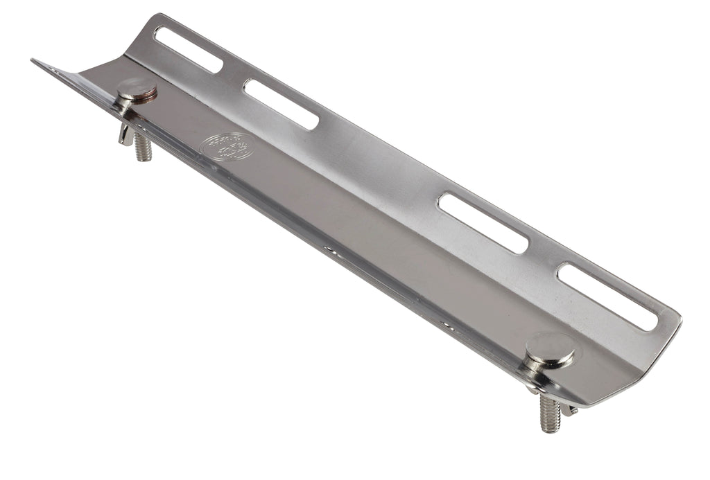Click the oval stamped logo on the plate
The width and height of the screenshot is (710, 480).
coord(227,147)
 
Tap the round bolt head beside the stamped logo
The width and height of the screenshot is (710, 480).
coord(137,88)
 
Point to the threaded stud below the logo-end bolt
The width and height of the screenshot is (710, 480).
coord(143,147)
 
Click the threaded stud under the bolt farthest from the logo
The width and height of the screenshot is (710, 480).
coord(549,414)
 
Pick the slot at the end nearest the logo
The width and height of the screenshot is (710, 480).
coord(188,49)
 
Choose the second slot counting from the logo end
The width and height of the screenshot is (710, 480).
coord(281,104)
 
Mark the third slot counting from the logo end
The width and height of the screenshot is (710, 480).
coord(483,222)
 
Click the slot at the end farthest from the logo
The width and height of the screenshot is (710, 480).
coord(607,296)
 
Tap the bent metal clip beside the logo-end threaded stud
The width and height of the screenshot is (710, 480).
coord(125,133)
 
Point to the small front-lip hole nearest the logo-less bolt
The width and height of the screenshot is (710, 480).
coord(447,324)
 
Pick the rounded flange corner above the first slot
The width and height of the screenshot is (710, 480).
coord(157,19)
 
